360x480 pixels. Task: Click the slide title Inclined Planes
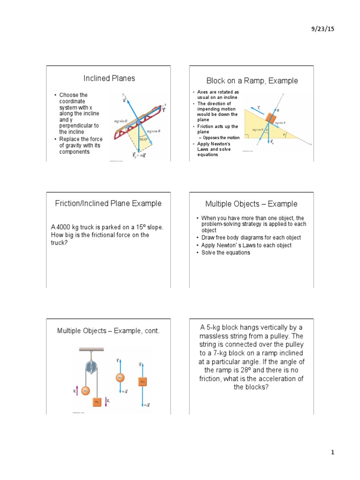[109, 78]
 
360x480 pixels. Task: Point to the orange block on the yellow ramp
[271, 117]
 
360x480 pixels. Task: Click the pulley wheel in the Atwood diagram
[90, 367]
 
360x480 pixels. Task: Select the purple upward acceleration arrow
[76, 390]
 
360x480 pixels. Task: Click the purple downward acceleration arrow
[106, 401]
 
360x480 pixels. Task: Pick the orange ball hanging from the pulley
[85, 390]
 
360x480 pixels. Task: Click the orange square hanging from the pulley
[97, 402]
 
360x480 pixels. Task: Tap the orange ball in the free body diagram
[120, 377]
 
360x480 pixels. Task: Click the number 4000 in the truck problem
[64, 227]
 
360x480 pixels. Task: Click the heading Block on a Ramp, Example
[252, 81]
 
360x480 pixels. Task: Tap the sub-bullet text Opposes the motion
[220, 137]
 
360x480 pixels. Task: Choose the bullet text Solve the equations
[225, 253]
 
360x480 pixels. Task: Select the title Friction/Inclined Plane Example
[108, 203]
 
